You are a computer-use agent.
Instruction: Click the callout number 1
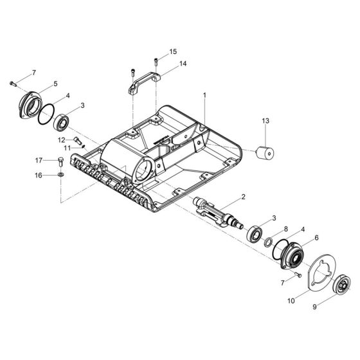[x=204, y=95]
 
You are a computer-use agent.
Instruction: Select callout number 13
[x=265, y=120]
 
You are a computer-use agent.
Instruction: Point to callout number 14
[x=183, y=64]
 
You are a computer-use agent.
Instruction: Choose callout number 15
[x=173, y=51]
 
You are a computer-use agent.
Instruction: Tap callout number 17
[x=39, y=160]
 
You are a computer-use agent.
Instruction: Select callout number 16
[x=39, y=174]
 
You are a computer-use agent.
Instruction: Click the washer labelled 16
[x=60, y=174]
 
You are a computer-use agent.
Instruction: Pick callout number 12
[x=61, y=139]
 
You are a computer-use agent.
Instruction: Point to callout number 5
[x=55, y=84]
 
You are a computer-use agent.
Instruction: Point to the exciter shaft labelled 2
[x=219, y=213]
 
